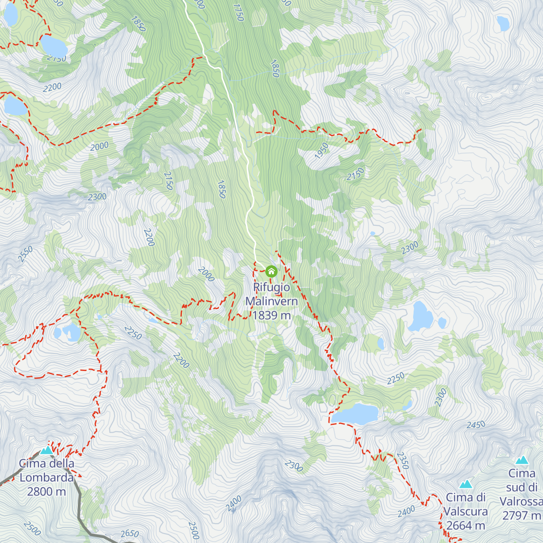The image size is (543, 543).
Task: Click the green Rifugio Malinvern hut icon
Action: coord(271,271)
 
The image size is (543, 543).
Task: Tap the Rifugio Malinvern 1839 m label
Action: coord(271,301)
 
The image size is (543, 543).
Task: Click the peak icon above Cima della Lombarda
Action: coord(47,450)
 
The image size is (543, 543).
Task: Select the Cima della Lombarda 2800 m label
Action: coord(47,477)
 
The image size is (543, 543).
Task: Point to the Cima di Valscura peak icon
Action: coord(466,484)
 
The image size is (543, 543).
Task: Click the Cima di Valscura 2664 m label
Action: coord(466,511)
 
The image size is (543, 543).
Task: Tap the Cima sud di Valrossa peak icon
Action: coord(522,460)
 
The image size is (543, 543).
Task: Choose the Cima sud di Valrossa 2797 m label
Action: coord(522,494)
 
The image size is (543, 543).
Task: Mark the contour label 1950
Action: coord(321,151)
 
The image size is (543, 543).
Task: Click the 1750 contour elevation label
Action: coord(238,12)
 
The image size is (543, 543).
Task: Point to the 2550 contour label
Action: coord(25,254)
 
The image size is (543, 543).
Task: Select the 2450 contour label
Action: coord(476,425)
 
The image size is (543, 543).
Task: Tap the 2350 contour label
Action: coord(402,460)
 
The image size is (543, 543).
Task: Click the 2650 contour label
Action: coord(130,534)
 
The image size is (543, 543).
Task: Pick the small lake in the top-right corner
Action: coord(503,23)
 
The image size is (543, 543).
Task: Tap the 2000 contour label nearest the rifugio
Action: coord(206,274)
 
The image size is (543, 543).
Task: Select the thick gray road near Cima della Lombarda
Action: coord(80,502)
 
